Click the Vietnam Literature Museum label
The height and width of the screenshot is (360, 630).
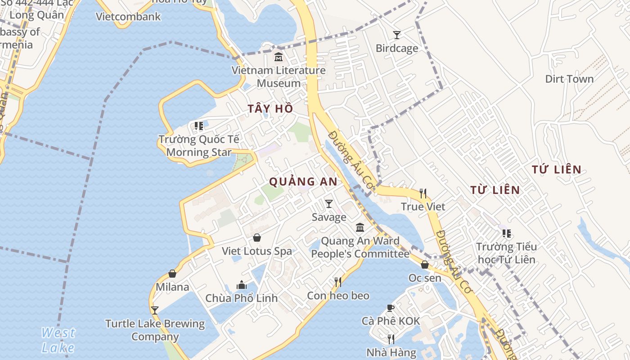pos(279,76)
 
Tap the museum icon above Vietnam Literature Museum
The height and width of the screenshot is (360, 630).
pos(279,57)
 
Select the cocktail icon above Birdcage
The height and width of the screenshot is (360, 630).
pos(396,35)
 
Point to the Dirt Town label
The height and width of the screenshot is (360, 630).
pos(569,79)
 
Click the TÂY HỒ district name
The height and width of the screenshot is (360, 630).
pos(270,108)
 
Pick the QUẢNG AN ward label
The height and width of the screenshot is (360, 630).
pos(303,181)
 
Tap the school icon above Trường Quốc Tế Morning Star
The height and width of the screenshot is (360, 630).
pos(198,126)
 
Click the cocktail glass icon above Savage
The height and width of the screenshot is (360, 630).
pos(329,204)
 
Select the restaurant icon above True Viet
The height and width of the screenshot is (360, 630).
pos(423,193)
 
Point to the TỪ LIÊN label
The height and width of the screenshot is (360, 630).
pos(495,190)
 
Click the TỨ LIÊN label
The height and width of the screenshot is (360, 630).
pos(556,170)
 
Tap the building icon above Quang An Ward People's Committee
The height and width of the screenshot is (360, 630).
pos(360,228)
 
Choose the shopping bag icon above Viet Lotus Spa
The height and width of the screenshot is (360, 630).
pos(257,238)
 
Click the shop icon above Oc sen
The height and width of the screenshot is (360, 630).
pos(425,265)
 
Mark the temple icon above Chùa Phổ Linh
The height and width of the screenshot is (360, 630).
pos(242,285)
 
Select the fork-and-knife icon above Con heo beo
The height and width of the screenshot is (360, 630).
pos(338,282)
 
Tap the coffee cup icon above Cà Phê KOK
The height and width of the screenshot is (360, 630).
pos(391,308)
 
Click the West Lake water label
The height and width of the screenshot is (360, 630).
pos(58,340)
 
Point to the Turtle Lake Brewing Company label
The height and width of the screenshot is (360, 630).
pos(155,330)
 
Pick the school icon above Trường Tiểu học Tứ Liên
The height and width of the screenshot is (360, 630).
pos(507,234)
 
